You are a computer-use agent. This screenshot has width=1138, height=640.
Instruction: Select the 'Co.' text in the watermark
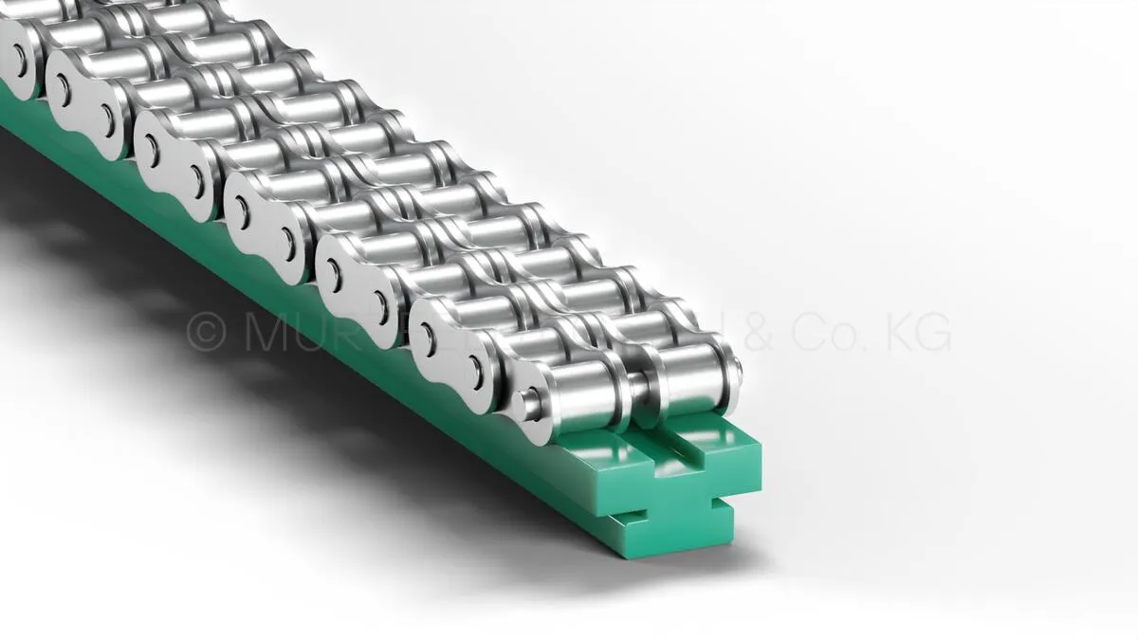pyautogui.click(x=826, y=333)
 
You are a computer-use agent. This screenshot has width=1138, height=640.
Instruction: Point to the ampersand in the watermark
pyautogui.click(x=760, y=333)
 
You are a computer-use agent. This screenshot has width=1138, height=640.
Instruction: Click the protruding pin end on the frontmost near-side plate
pyautogui.click(x=532, y=401)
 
